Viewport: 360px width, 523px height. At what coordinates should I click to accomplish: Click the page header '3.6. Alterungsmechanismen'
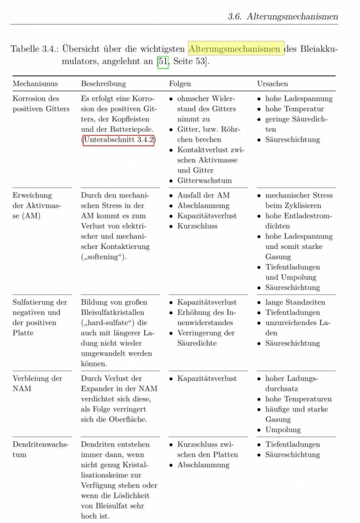pos(283,16)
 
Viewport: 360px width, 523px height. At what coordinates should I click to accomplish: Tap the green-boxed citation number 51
pos(163,63)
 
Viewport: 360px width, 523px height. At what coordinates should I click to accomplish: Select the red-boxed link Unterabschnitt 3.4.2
pos(118,140)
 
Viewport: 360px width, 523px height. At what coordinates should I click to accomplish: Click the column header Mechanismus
pos(35,84)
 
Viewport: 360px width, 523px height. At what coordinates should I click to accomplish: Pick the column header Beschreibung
pos(103,84)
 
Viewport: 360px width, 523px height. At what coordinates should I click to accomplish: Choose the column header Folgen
pos(179,84)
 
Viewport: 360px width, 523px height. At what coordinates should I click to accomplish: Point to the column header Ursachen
pos(272,84)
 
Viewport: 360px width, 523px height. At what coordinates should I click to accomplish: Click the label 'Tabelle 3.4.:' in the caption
pos(33,49)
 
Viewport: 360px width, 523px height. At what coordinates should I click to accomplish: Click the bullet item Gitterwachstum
pos(204,181)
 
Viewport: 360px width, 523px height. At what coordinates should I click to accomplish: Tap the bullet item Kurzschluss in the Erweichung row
pos(197,226)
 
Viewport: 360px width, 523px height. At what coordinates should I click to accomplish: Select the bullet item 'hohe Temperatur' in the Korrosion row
pos(295,109)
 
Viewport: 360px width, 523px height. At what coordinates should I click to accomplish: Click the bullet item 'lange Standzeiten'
pos(295,302)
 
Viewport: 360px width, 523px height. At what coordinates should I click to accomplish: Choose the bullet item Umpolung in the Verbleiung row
pos(283,430)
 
